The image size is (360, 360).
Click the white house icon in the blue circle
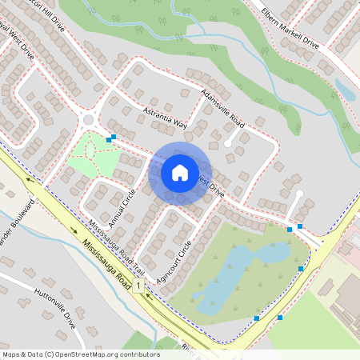[180, 172]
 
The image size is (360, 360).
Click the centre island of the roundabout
[89, 121]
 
